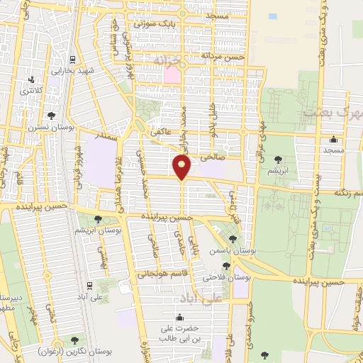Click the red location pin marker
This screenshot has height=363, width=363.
tap(181, 167)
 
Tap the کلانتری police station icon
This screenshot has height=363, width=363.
tap(30, 80)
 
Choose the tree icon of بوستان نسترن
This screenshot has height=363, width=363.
tap(50, 115)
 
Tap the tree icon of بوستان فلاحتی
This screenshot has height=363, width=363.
tap(226, 266)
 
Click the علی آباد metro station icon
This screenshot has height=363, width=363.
tap(89, 285)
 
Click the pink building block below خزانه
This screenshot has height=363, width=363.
tap(172, 74)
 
